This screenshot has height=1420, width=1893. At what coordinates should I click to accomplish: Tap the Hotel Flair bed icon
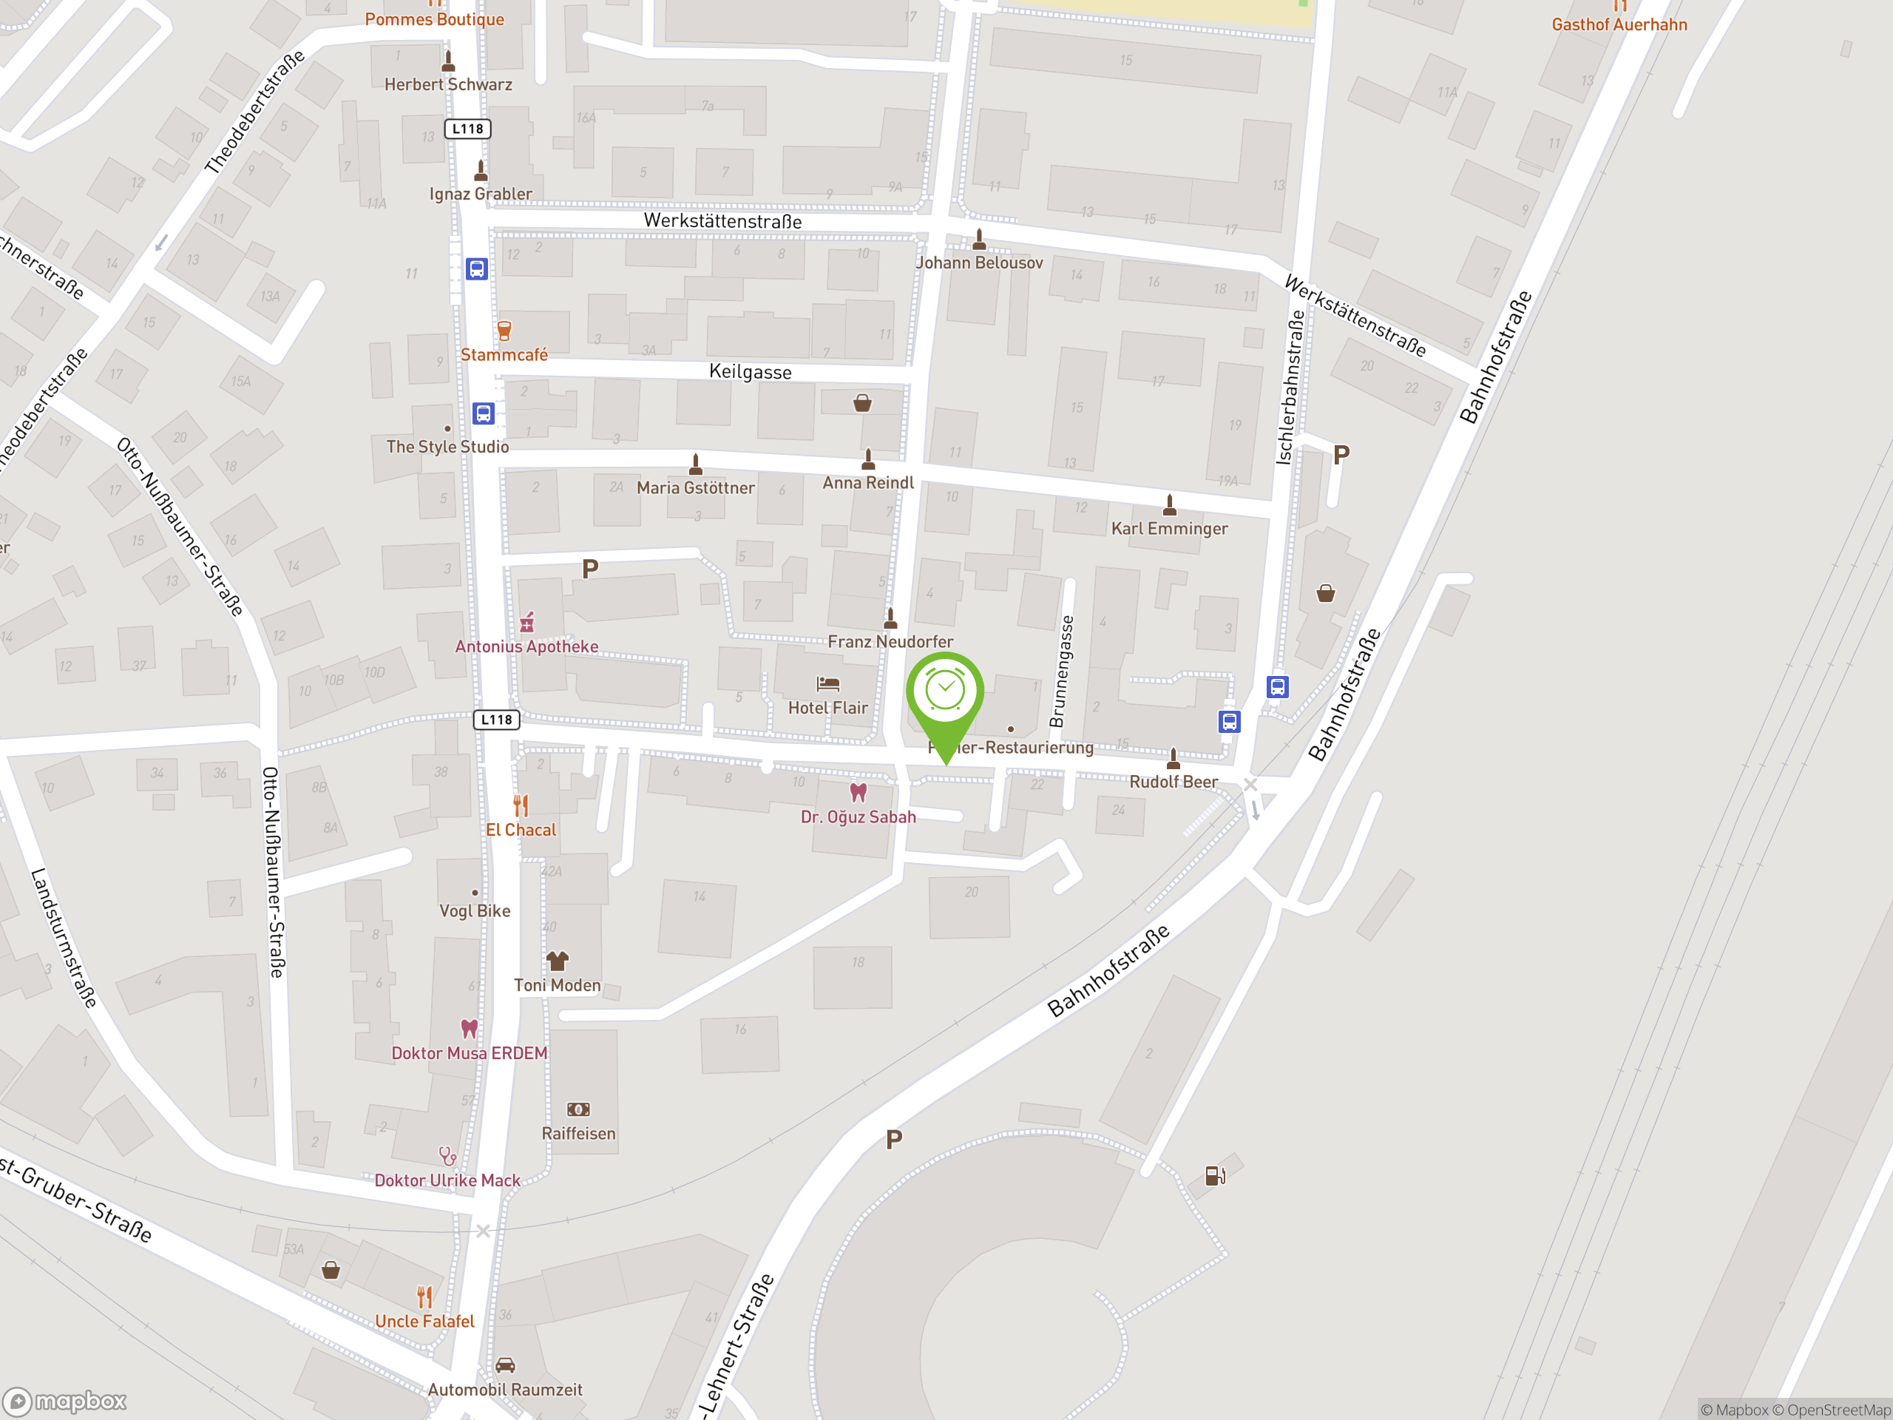[x=827, y=684]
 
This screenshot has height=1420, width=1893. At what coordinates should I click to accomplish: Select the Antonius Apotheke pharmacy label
[x=526, y=647]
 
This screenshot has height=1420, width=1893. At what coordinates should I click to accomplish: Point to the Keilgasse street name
[x=750, y=372]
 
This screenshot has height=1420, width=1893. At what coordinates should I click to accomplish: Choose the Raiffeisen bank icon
[x=578, y=1109]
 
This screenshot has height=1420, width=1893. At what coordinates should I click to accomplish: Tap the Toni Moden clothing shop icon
[x=557, y=961]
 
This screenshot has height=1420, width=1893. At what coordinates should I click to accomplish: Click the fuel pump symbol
[x=1214, y=1176]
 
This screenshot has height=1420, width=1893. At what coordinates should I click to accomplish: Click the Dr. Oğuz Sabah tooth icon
[x=858, y=793]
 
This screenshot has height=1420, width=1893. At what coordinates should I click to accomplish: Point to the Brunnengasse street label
[x=1061, y=671]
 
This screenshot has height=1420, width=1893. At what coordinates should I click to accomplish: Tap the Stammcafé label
[x=504, y=355]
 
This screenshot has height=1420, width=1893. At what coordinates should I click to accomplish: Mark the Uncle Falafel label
[x=424, y=1322]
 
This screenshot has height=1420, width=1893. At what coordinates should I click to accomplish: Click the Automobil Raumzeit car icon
[x=505, y=1365]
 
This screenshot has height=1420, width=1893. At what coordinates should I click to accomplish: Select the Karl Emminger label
[x=1169, y=529]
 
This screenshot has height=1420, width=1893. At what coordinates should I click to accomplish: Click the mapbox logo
[x=65, y=1402]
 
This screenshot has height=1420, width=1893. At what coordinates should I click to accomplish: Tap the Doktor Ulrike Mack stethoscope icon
[x=447, y=1157]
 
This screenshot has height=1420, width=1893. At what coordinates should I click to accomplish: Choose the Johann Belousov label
[x=979, y=263]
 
